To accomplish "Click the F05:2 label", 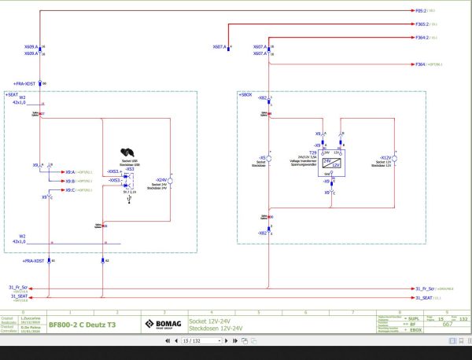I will [420, 12].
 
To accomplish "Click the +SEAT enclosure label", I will [16, 94].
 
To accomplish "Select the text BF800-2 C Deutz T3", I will [82, 323].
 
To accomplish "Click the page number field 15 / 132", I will [191, 342].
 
